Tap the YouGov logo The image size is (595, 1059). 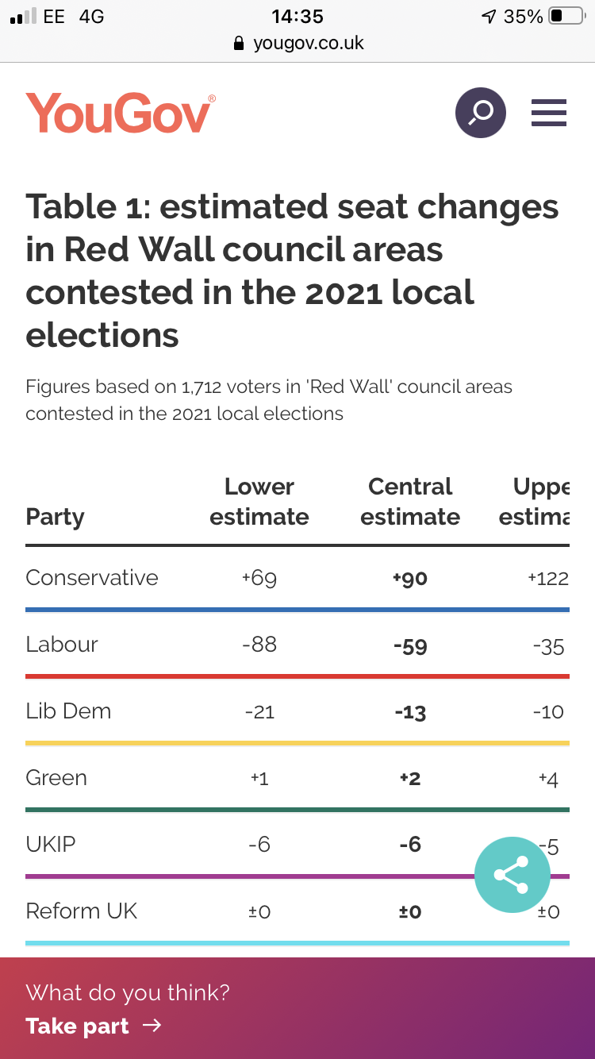(120, 113)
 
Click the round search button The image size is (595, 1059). (480, 113)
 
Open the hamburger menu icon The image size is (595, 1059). (549, 113)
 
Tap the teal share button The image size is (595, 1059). (512, 875)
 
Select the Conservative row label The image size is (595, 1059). (92, 577)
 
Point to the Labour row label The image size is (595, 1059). (62, 644)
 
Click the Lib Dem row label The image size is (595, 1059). (68, 710)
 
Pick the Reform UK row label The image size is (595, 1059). (82, 911)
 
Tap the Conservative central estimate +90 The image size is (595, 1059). (409, 579)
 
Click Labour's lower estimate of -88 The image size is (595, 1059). (259, 645)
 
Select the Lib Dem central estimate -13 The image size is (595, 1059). (410, 712)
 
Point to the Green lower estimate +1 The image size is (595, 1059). (259, 779)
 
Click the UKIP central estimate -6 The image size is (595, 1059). (410, 845)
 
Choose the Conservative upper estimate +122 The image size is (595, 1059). (548, 579)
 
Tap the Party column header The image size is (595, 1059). (55, 517)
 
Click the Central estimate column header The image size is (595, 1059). (410, 502)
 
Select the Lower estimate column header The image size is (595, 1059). (259, 502)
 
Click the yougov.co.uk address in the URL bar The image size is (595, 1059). (308, 43)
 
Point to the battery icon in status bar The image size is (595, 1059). (566, 16)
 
